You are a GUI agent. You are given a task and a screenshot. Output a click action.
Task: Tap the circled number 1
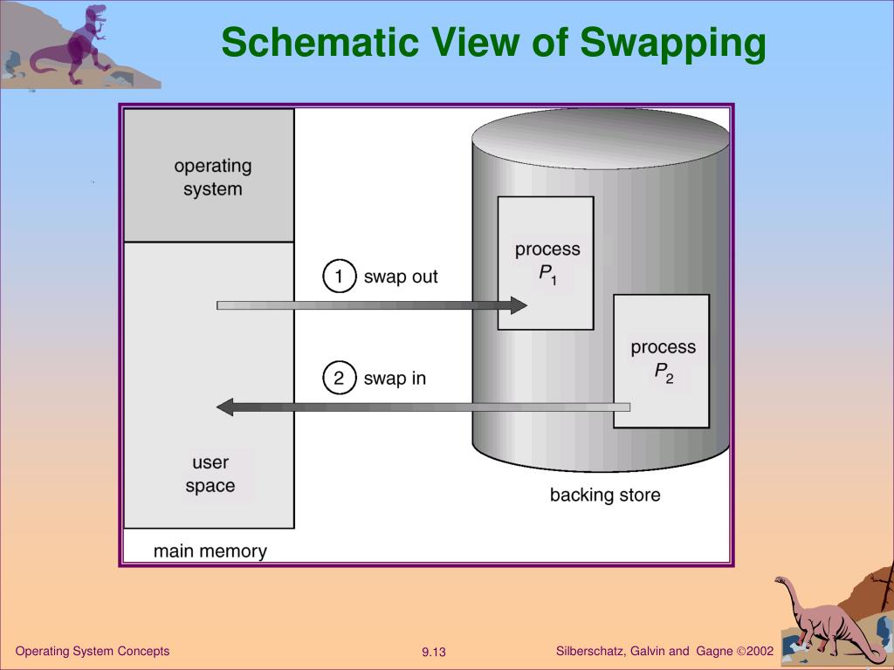click(x=340, y=277)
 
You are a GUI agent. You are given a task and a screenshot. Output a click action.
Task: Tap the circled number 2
click(x=340, y=378)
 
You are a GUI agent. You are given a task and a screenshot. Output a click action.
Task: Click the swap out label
click(x=401, y=277)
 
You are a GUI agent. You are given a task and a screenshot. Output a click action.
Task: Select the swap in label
click(x=395, y=379)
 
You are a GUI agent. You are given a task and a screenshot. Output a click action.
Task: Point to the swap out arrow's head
click(x=519, y=305)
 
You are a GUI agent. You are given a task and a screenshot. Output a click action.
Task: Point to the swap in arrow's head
click(x=224, y=407)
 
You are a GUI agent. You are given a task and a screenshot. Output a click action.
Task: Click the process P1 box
click(x=546, y=263)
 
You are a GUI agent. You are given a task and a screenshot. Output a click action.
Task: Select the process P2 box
click(x=662, y=360)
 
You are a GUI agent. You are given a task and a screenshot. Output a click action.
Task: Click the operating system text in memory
click(x=212, y=177)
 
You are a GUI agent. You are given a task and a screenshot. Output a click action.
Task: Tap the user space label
click(x=210, y=475)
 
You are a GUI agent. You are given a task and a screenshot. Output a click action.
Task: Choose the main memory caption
click(x=210, y=551)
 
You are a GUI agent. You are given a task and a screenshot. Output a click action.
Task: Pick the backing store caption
click(x=605, y=496)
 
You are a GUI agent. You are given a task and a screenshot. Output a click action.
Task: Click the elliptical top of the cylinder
click(x=601, y=136)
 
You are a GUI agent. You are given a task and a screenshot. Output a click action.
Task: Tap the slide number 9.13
click(x=434, y=653)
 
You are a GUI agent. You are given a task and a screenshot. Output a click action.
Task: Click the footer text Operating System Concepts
click(x=93, y=652)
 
